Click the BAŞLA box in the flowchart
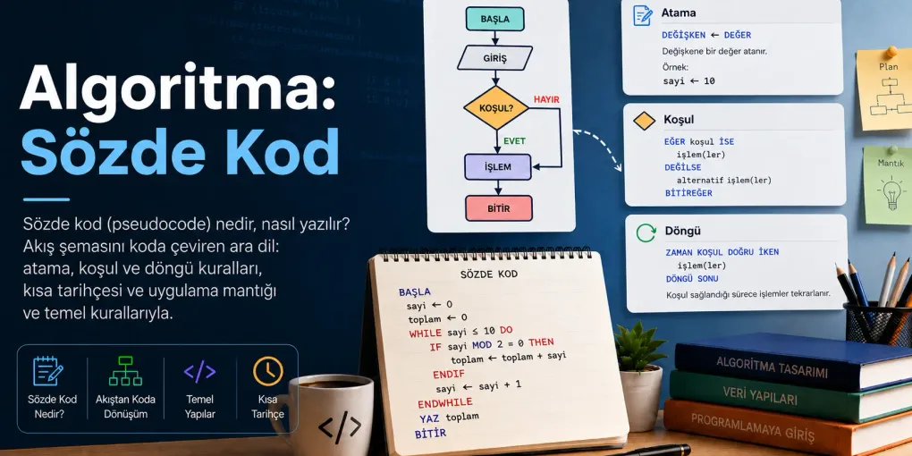pos(495,19)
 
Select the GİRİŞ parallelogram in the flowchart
pos(495,58)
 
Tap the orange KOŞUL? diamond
pos(496,108)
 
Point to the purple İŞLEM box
pos(498,167)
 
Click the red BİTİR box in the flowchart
pos(498,207)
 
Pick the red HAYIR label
pos(546,99)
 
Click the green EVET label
pos(515,140)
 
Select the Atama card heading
pos(679,13)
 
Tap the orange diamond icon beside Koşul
pos(644,121)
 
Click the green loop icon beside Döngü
pos(646,233)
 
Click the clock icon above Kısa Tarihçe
pos(267,371)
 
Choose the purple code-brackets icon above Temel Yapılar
pos(199,371)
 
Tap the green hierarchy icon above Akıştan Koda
pos(125,371)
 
